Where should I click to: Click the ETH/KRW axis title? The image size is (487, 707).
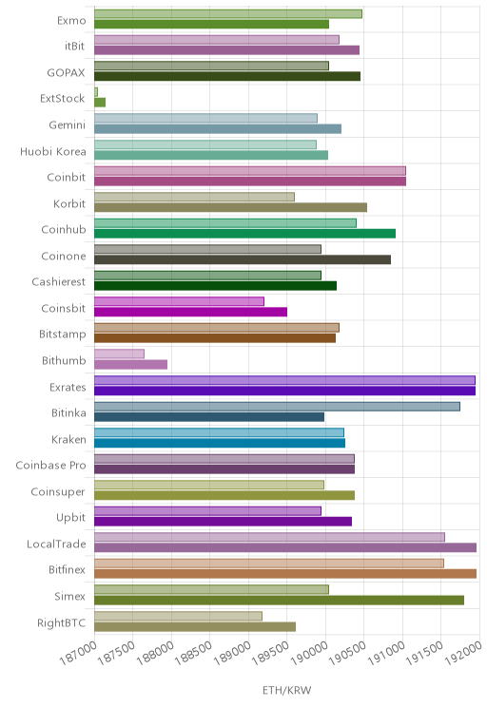[286, 690]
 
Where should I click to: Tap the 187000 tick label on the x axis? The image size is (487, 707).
[79, 653]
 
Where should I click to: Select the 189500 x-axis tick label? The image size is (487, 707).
[271, 653]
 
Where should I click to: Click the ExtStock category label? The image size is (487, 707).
[62, 98]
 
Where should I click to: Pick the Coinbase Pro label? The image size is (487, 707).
[50, 466]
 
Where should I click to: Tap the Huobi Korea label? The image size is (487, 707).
[53, 151]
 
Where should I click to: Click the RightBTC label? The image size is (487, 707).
[62, 622]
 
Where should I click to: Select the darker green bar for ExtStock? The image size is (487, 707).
[100, 103]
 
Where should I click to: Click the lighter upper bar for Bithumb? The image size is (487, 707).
[119, 353]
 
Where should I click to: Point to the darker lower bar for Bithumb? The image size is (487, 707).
[131, 364]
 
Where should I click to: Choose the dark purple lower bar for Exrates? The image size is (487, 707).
[284, 391]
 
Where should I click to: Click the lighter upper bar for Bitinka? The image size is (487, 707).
[277, 407]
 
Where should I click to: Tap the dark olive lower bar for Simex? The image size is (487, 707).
[279, 601]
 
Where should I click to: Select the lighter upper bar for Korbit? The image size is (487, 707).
[195, 197]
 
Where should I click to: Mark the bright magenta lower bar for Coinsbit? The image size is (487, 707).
[190, 312]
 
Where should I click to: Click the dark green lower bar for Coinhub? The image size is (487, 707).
[245, 233]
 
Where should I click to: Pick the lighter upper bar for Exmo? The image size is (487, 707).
[228, 13]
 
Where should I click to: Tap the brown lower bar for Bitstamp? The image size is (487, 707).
[215, 338]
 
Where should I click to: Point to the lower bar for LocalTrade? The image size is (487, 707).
[285, 547]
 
